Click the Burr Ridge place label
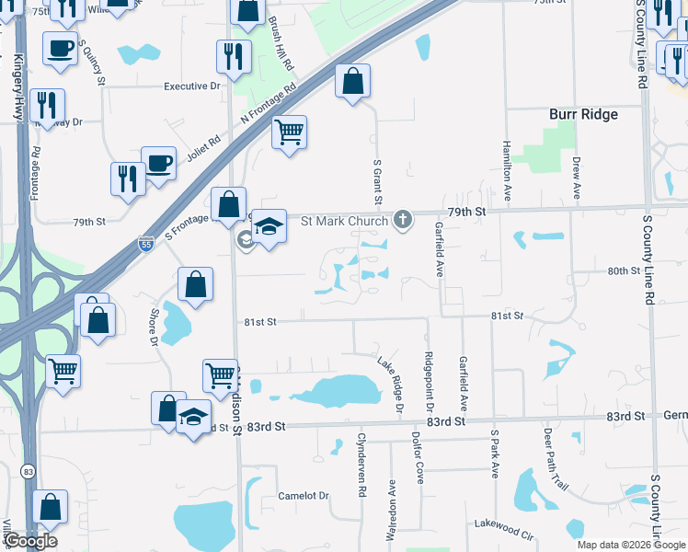(583, 115)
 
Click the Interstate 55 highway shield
(146, 244)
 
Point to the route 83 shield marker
(29, 471)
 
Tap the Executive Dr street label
(193, 86)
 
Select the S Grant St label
(377, 181)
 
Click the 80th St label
(623, 270)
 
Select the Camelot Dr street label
(304, 496)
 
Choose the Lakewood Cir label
(504, 524)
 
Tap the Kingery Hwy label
(17, 87)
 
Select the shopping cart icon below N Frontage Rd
(289, 132)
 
